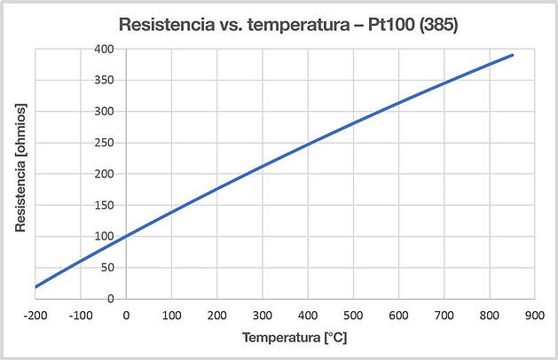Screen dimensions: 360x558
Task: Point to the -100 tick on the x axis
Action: [x=80, y=314]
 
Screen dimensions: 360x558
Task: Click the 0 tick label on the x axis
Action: [x=126, y=314]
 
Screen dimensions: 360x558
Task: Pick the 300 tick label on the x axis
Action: [x=263, y=314]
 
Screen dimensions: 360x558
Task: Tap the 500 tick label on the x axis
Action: [x=354, y=314]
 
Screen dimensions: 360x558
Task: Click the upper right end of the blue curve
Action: [x=513, y=55]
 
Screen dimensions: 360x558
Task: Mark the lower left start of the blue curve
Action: [x=35, y=286]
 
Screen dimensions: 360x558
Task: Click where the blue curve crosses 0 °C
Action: [x=126, y=236]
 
